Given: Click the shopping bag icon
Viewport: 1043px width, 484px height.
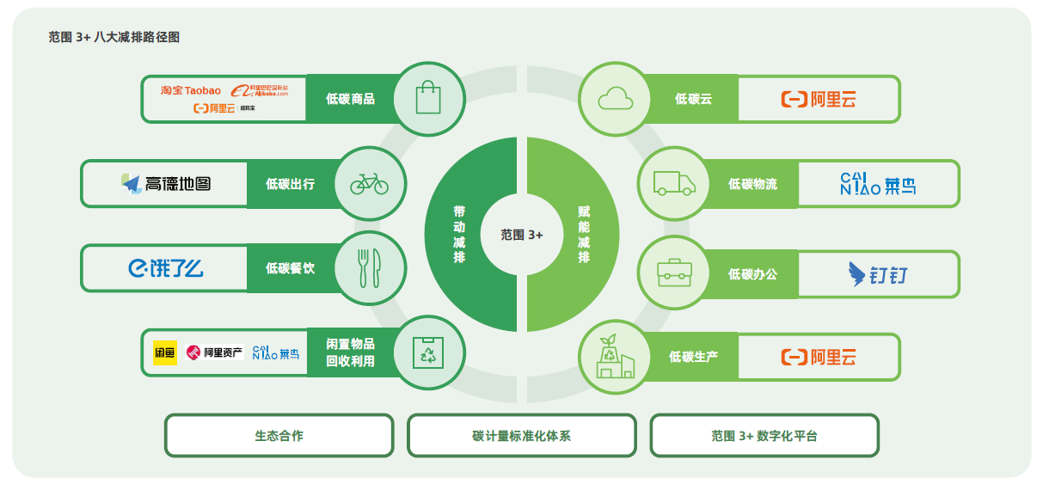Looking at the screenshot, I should click(x=429, y=98).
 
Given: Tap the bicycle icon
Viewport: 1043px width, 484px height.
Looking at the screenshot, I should click(x=369, y=183).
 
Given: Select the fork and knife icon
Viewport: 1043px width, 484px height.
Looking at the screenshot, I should click(x=369, y=268).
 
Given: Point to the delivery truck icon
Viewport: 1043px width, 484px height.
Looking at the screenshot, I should click(x=674, y=183).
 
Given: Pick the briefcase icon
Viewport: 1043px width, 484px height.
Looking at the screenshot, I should click(x=674, y=273).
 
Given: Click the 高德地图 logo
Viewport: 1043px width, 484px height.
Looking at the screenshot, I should click(x=166, y=183).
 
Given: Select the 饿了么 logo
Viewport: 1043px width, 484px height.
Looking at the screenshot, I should click(x=166, y=269).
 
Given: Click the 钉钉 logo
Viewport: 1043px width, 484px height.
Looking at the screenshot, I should click(x=877, y=274).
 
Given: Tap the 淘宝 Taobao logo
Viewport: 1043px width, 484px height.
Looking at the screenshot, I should click(x=190, y=90).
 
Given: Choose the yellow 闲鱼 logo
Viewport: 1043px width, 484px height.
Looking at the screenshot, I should click(x=164, y=352).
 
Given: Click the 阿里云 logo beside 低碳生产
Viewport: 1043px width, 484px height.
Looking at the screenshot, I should click(x=818, y=357).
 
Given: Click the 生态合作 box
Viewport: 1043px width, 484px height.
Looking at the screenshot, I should click(x=279, y=436).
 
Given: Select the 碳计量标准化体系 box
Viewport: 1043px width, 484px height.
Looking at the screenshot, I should click(x=521, y=436).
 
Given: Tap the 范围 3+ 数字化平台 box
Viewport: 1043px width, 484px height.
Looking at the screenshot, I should click(x=764, y=436).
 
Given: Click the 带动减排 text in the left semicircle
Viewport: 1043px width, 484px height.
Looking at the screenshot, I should click(x=459, y=234).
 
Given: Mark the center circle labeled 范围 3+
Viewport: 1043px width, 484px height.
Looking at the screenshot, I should click(x=522, y=234).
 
